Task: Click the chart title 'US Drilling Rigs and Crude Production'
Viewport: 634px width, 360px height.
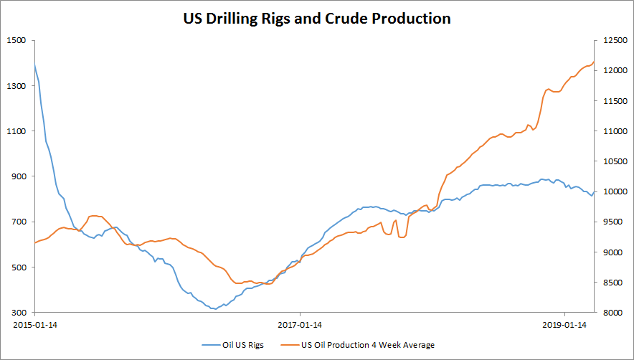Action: pos(316,19)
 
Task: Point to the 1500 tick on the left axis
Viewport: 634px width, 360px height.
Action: pos(16,40)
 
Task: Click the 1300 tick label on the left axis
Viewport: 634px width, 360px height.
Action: pos(16,86)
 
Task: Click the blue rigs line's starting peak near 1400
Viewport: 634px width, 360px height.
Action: pos(35,65)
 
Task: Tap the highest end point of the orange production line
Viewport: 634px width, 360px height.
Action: pos(593,62)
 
